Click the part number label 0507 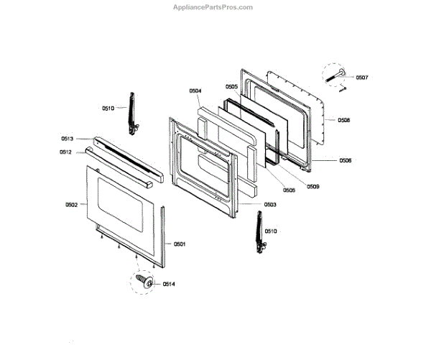(361, 77)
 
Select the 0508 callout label (344, 120)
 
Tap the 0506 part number (345, 160)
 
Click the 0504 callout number (195, 91)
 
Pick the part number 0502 (71, 205)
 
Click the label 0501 (180, 244)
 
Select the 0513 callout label (67, 139)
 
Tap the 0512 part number (65, 152)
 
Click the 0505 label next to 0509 (289, 190)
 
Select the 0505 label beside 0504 (231, 86)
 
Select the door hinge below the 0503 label (256, 231)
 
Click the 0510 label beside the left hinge (108, 108)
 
